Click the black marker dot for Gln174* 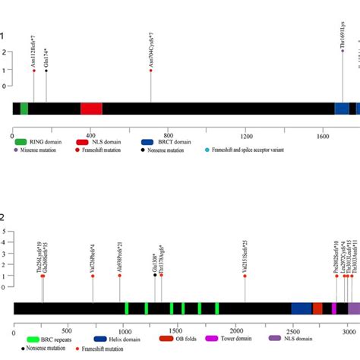point(46,71)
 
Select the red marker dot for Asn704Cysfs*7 point(151,71)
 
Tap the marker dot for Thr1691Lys point(343,52)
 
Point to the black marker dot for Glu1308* point(155,276)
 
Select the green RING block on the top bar point(24,109)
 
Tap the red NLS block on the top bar point(91,109)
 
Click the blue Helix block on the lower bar point(302,308)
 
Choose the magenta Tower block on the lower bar point(337,308)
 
